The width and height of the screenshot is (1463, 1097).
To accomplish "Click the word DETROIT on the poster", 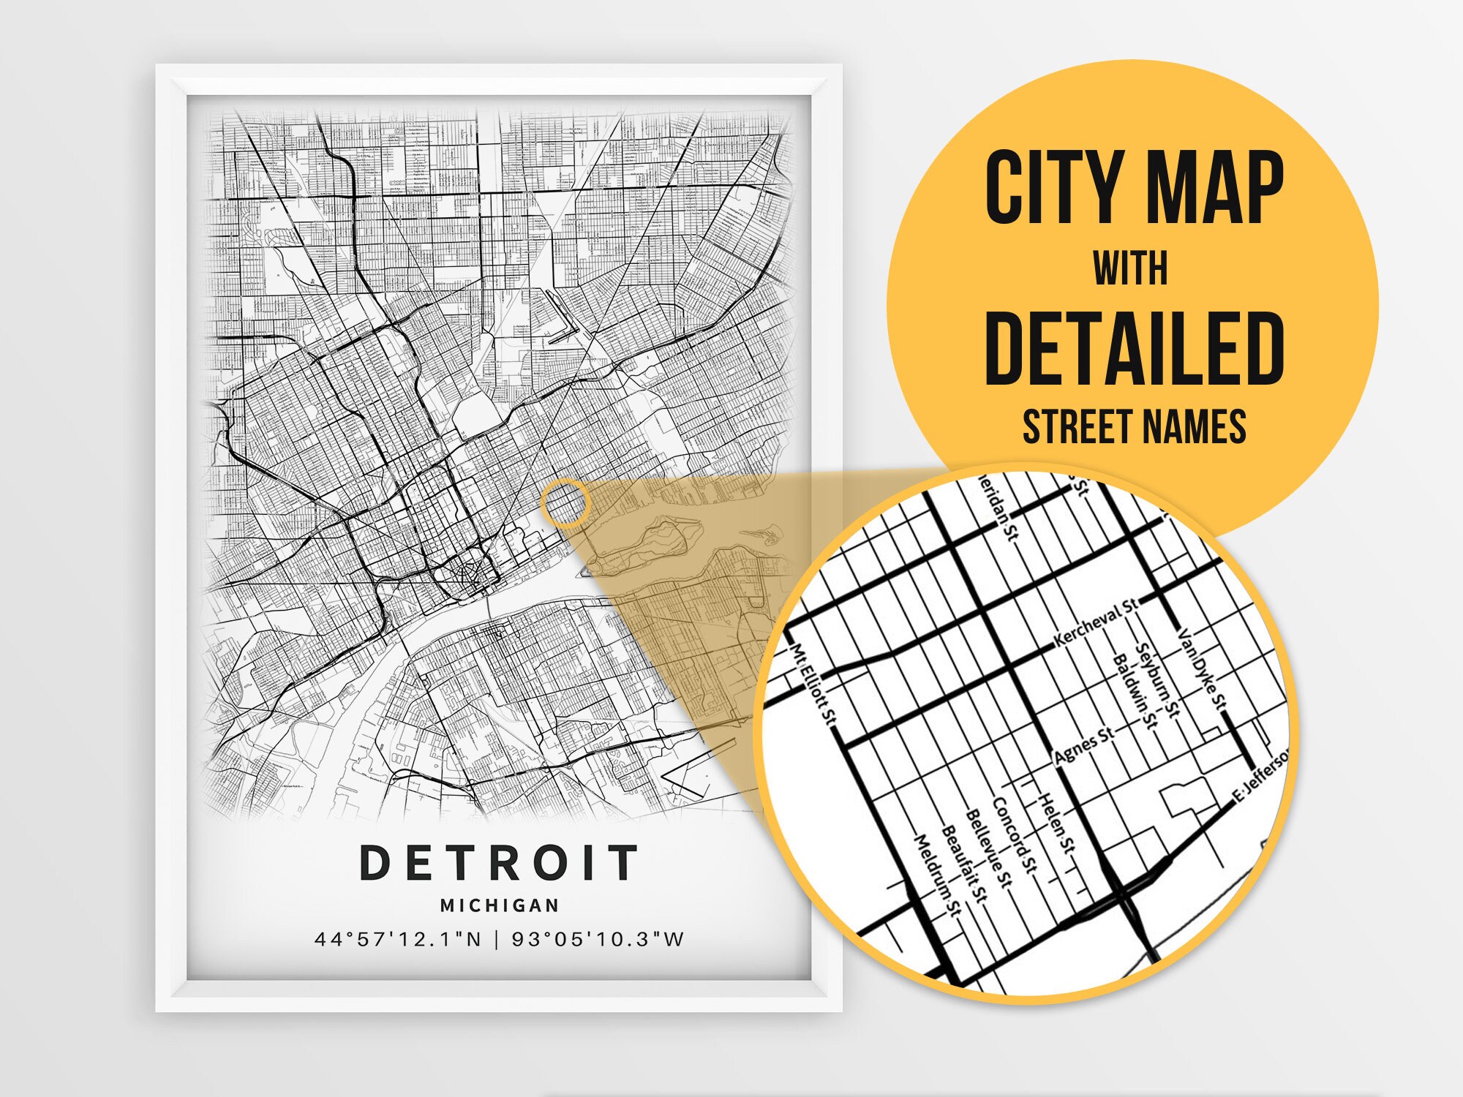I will (500, 862).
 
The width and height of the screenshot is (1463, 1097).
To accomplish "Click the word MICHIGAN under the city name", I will (500, 905).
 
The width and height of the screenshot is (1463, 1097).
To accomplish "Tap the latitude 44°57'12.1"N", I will (398, 939).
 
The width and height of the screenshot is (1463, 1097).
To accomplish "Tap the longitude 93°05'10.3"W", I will (598, 939).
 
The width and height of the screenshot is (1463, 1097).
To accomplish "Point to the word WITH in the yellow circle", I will (1130, 268).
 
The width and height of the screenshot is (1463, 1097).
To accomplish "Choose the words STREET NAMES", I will (1134, 427).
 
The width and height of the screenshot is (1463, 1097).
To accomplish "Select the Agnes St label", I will (1084, 746).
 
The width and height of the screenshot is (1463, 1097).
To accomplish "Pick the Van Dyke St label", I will (1200, 669).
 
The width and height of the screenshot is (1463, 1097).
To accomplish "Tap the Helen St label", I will (1057, 823).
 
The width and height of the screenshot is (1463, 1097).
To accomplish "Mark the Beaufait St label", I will (963, 864).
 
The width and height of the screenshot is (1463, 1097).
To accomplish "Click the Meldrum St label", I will (937, 874).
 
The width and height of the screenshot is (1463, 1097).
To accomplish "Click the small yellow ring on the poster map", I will (565, 503).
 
